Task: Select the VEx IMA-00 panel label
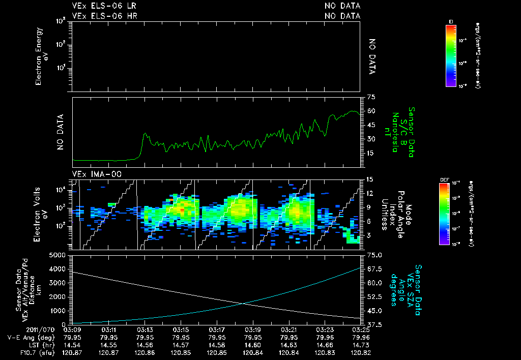click(97, 174)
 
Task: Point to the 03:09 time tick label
click(73, 329)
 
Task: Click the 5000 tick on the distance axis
click(61, 255)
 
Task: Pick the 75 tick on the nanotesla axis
click(371, 97)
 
